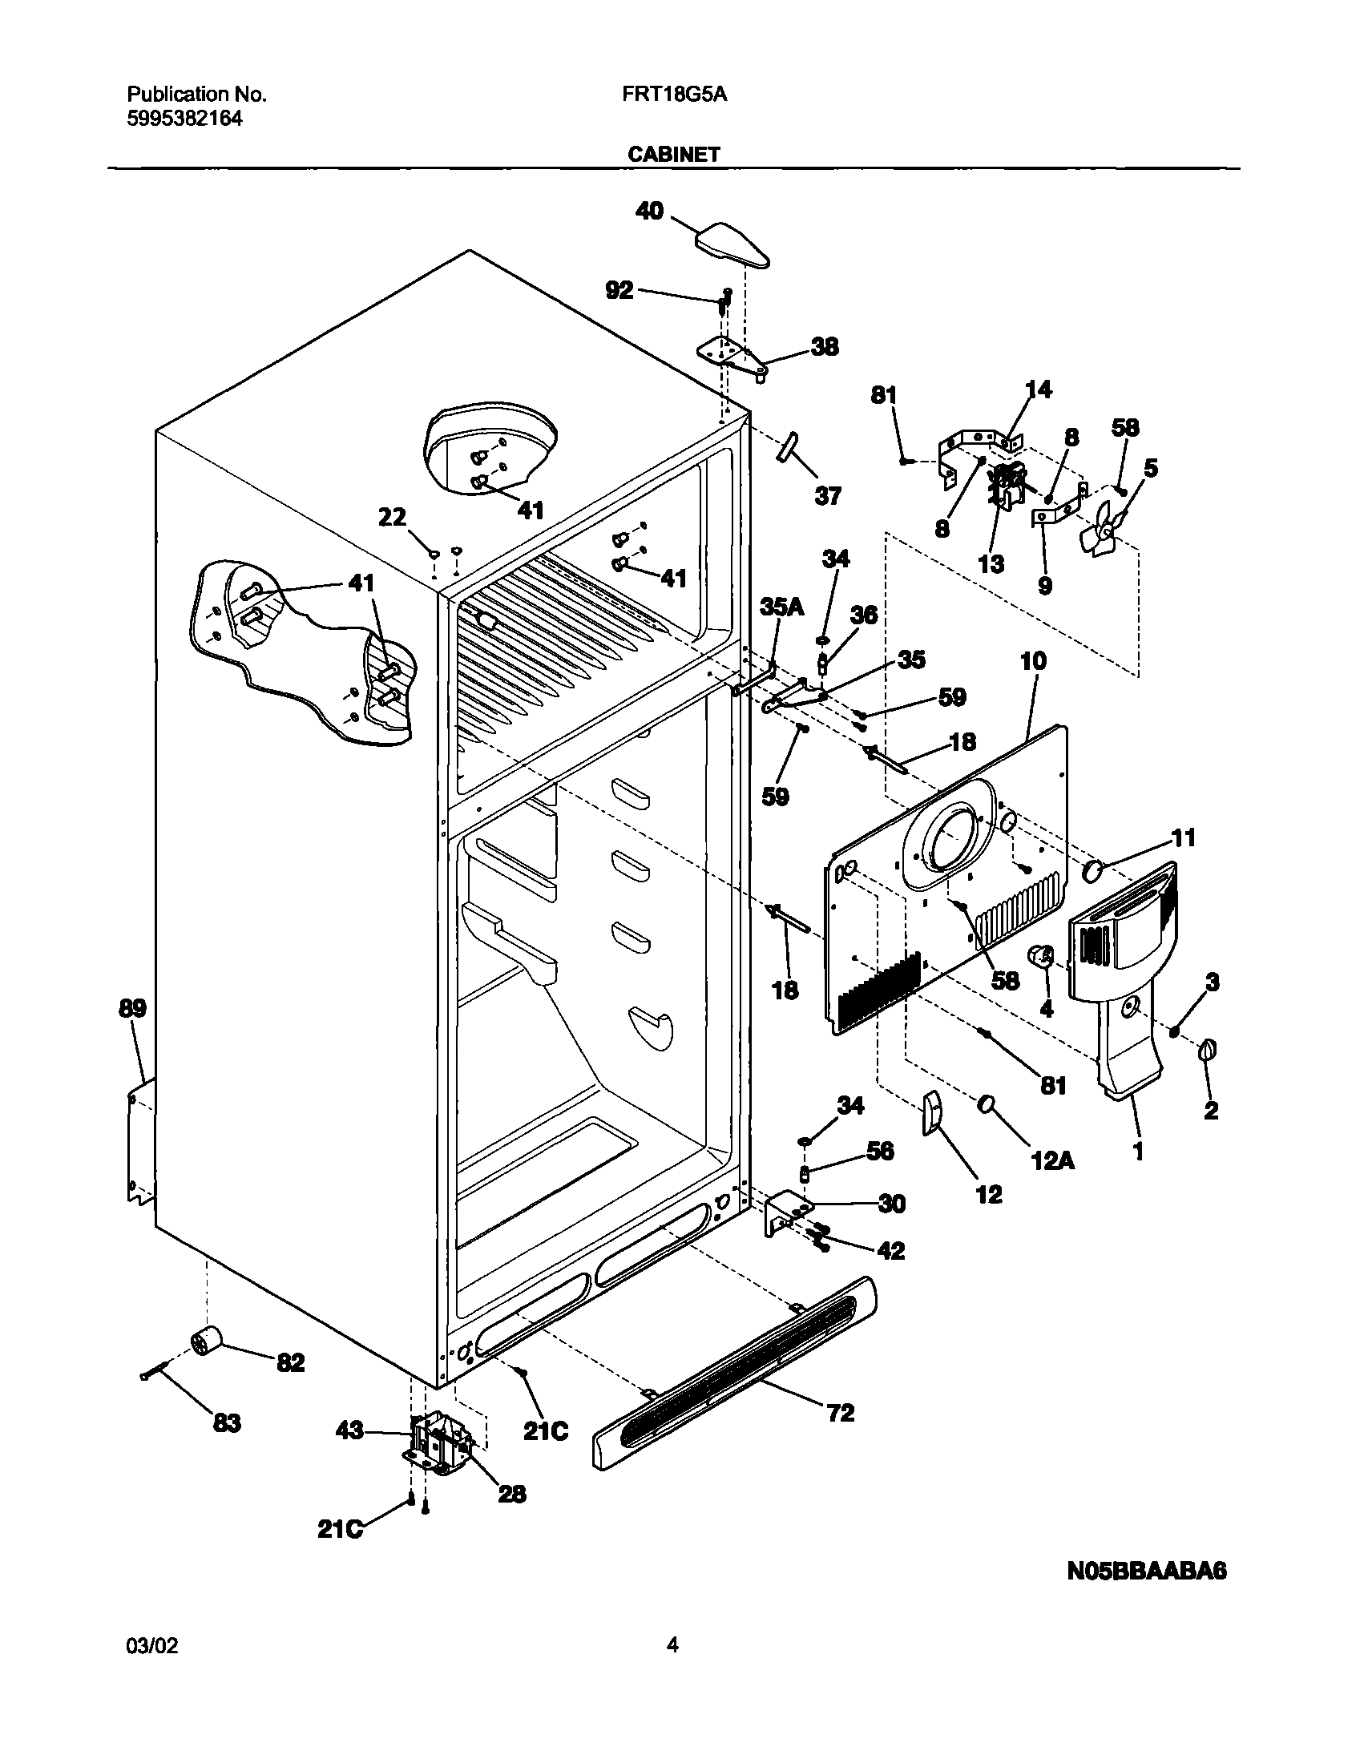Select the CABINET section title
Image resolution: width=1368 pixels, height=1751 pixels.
click(673, 155)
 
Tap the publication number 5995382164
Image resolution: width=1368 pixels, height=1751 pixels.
click(184, 119)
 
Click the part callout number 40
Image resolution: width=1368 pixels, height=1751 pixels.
click(649, 212)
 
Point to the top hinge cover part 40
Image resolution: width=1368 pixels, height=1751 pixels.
click(731, 245)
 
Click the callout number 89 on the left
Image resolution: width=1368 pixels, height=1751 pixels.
click(133, 1008)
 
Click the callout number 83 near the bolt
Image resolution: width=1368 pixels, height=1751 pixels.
click(226, 1423)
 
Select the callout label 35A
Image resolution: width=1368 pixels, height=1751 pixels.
click(782, 607)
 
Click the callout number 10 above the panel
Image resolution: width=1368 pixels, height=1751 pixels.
click(1034, 661)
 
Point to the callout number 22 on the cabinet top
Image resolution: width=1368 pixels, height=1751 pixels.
click(392, 518)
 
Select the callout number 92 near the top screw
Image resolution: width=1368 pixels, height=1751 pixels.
click(619, 290)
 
